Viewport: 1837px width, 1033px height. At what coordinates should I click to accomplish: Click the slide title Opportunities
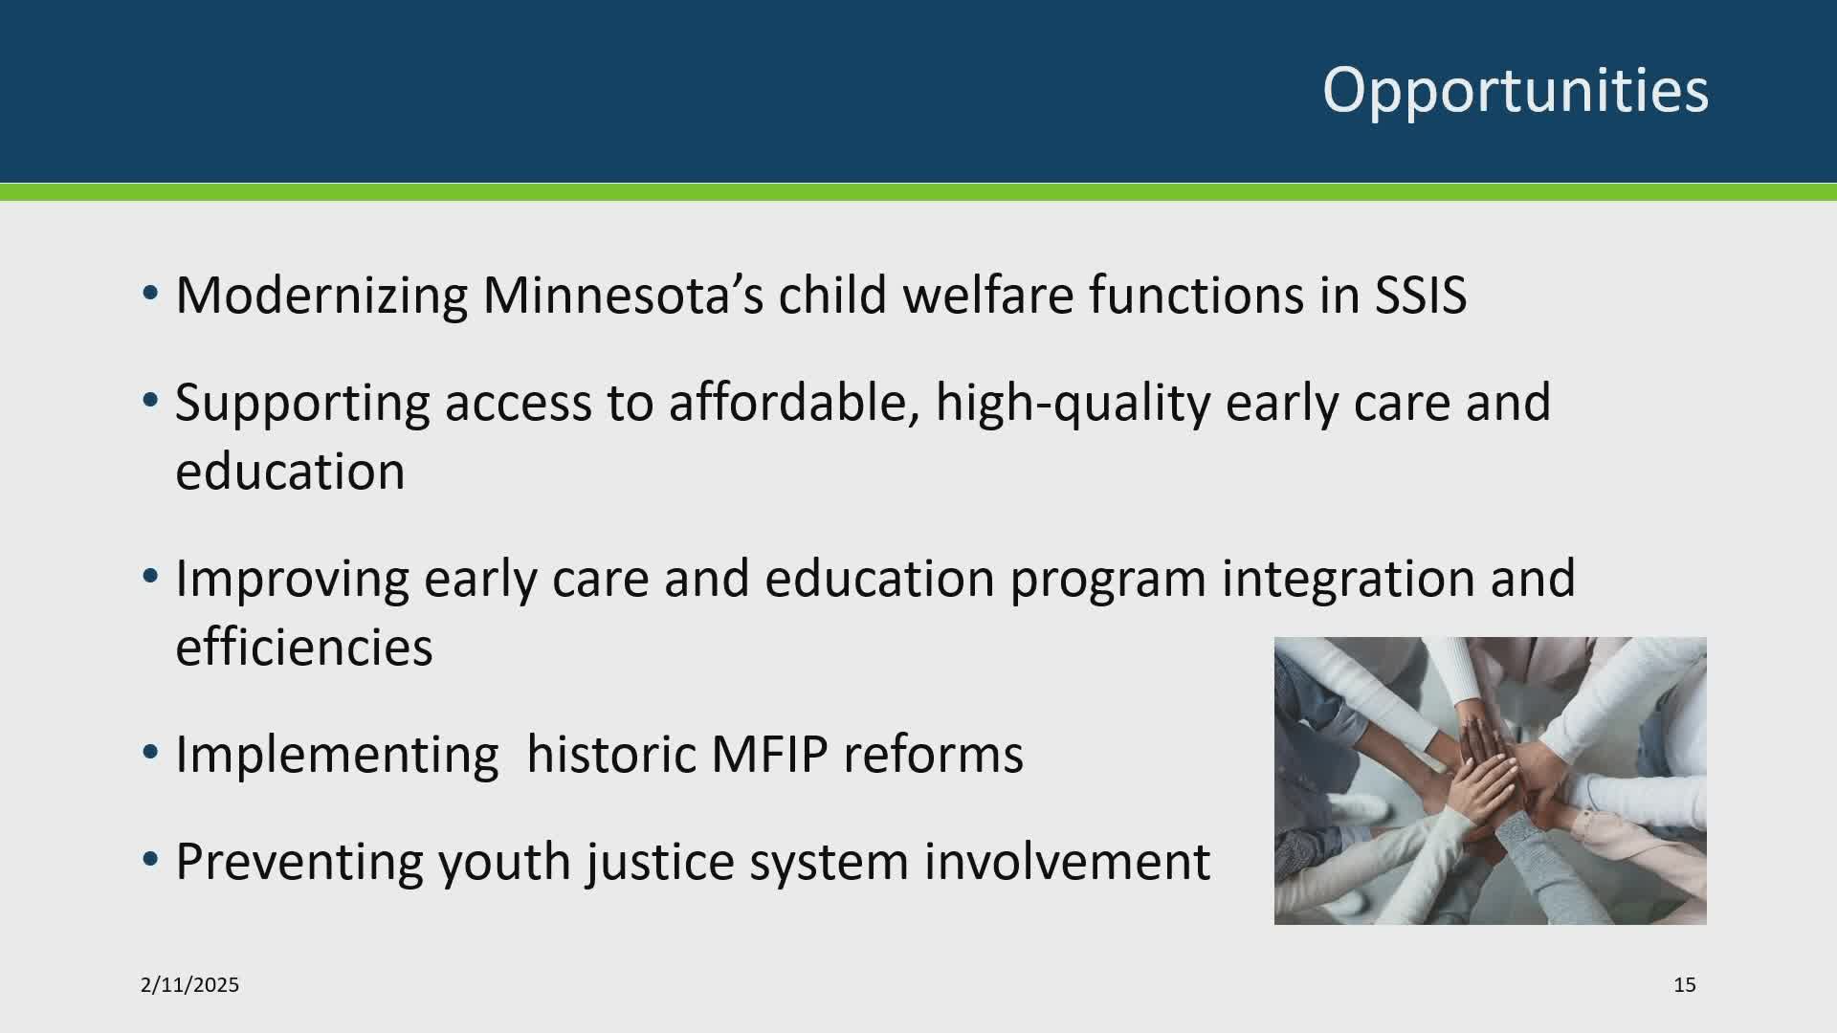pos(1516,92)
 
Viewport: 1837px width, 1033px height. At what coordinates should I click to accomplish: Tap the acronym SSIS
pos(1421,295)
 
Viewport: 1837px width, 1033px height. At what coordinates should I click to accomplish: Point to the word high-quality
pos(1073,404)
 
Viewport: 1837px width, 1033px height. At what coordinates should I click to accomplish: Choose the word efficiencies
pos(304,647)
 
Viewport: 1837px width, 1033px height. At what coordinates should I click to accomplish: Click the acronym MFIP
pos(769,755)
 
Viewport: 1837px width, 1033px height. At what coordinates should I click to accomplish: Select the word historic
pos(611,754)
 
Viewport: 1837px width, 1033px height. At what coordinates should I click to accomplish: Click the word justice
pos(661,863)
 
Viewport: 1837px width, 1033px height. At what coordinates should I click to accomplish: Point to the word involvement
pos(1067,861)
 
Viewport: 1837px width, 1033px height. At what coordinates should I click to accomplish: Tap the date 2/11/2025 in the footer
pos(189,984)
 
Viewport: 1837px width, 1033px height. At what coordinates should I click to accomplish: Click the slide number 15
pos(1685,984)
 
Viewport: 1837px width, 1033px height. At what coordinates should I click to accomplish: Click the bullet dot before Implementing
pos(150,753)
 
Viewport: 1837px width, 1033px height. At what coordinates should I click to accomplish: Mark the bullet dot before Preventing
pos(150,860)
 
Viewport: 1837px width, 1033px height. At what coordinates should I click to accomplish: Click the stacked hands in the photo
pos(1493,780)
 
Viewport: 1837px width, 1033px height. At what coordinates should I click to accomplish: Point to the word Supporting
pos(302,404)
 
